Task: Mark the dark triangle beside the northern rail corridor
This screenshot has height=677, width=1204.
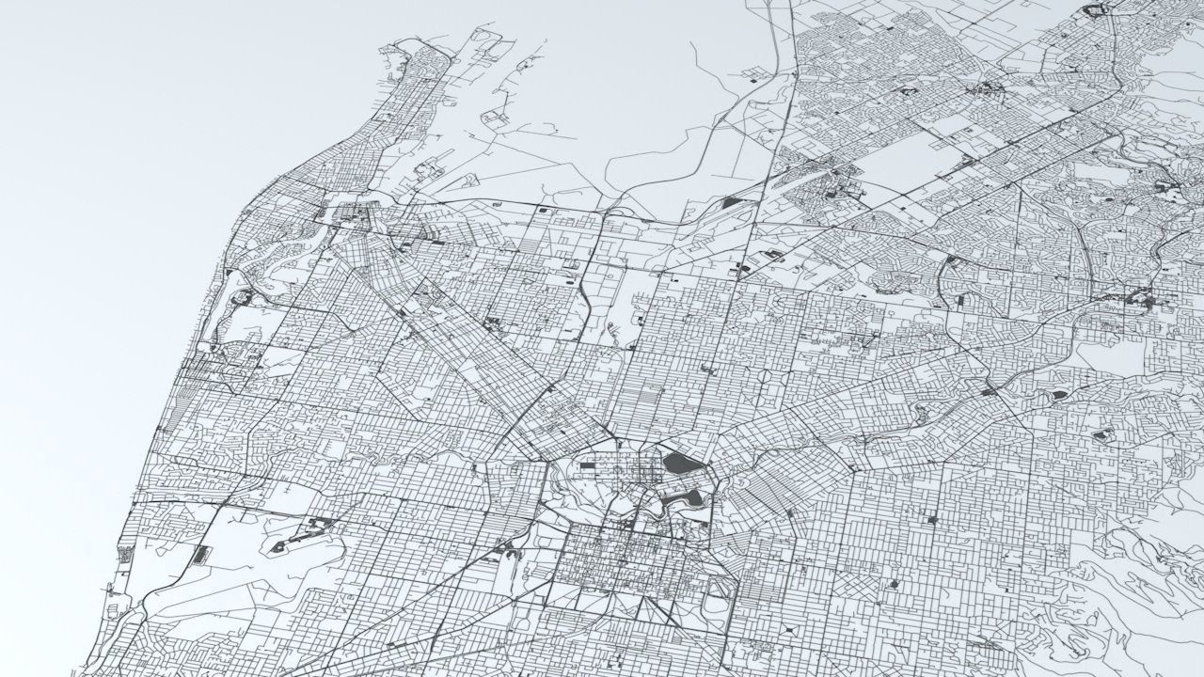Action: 732,200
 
